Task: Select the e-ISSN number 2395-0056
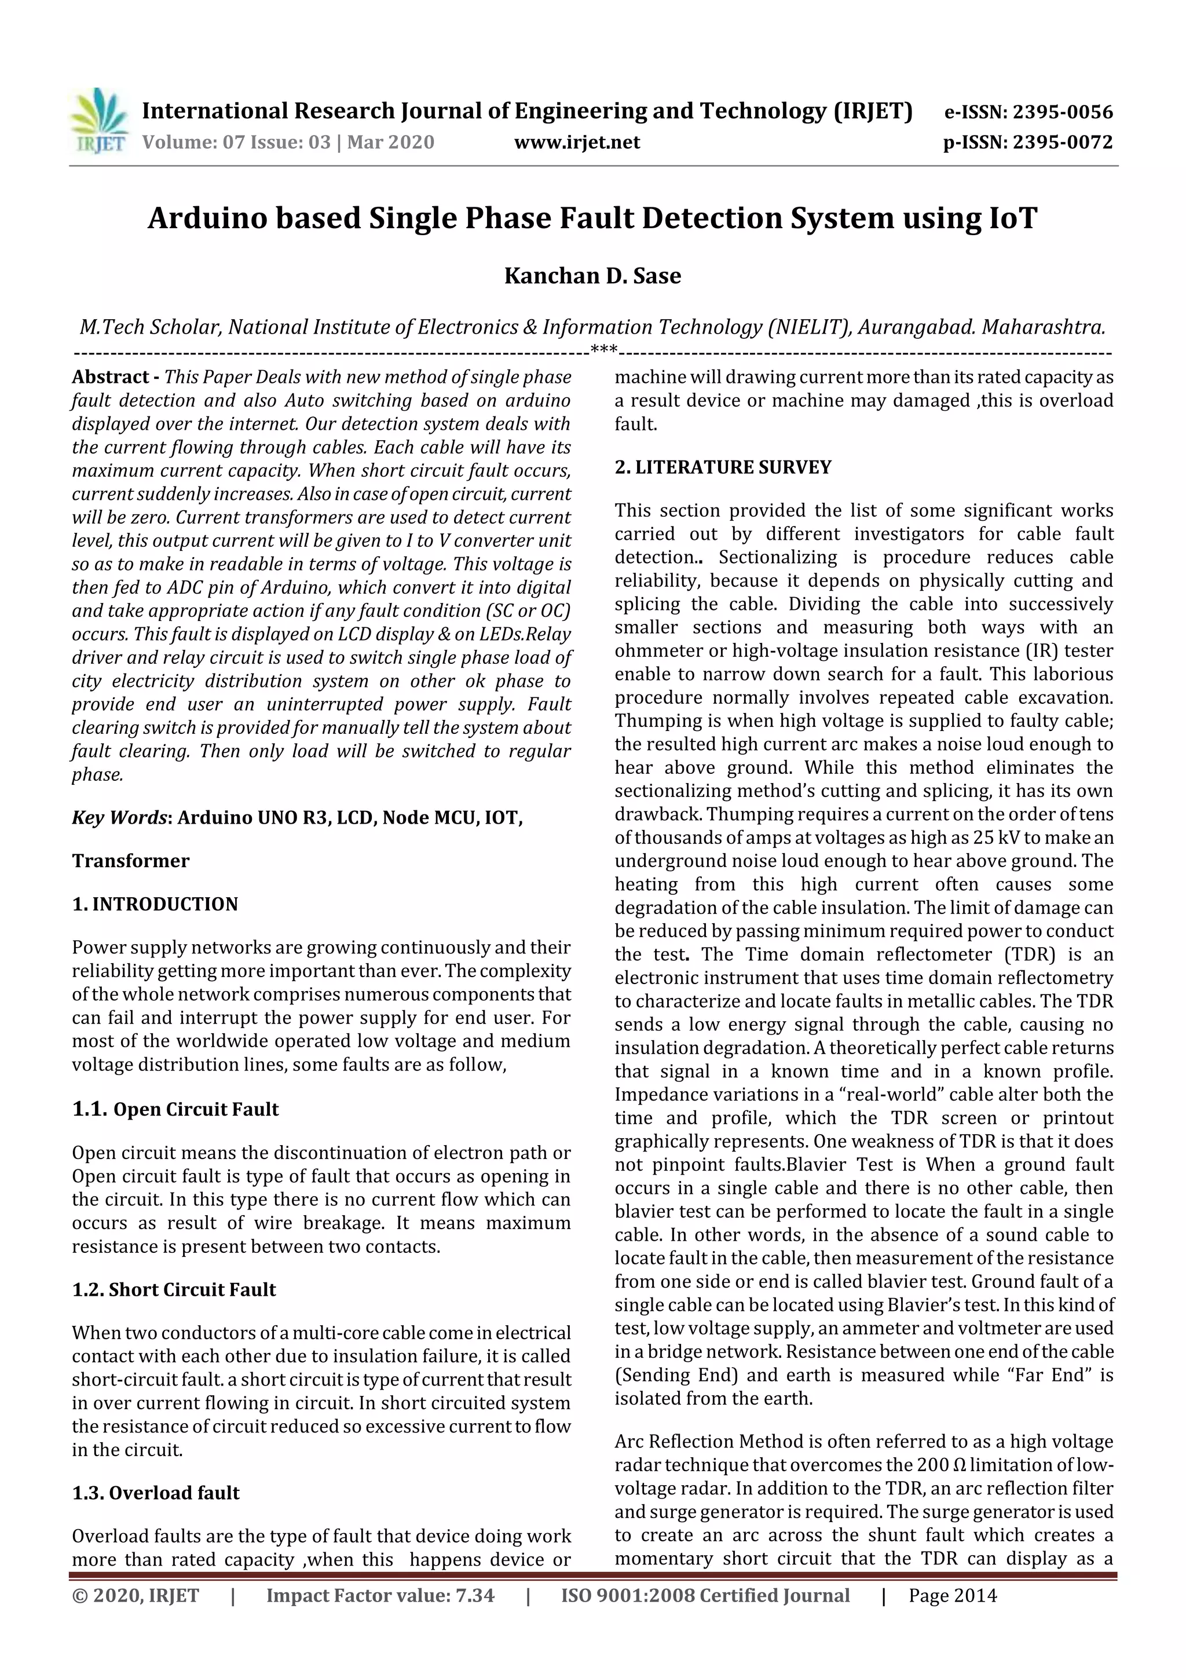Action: click(1061, 112)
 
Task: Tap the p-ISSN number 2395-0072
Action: click(1061, 142)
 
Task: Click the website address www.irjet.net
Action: click(577, 142)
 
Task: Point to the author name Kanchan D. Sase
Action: click(592, 276)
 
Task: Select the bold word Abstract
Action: click(109, 377)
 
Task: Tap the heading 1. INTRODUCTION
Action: click(155, 904)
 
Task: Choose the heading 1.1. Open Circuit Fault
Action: click(175, 1109)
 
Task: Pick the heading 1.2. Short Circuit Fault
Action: click(174, 1289)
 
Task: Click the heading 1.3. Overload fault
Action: click(156, 1493)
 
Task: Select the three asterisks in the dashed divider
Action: click(603, 351)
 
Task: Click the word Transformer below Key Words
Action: click(130, 861)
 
